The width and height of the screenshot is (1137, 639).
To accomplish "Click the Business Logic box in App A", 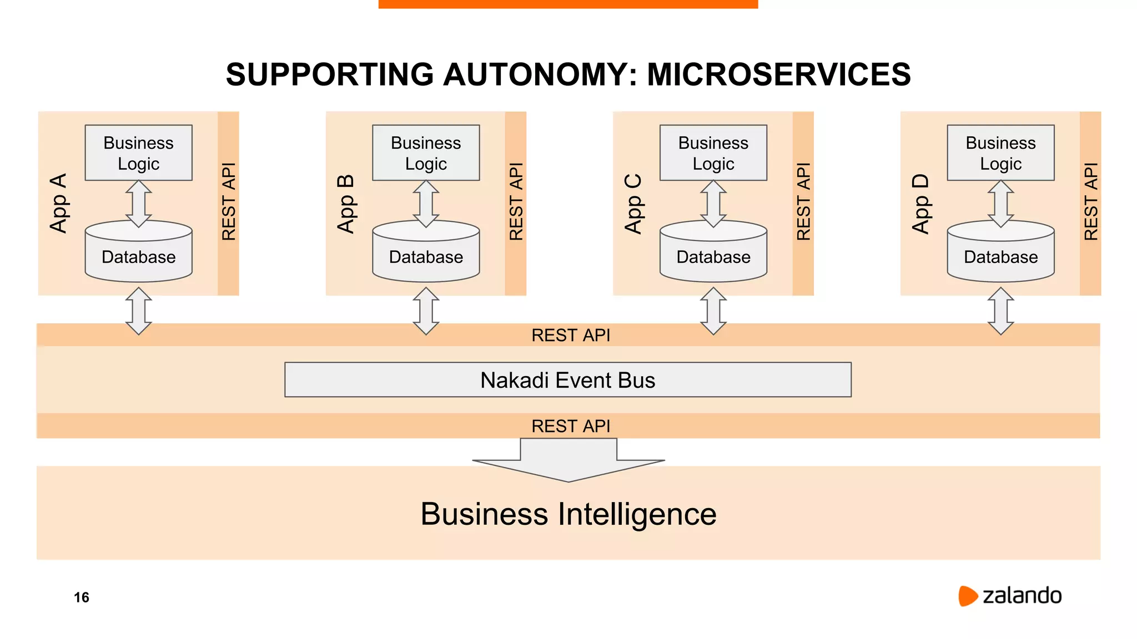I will (138, 153).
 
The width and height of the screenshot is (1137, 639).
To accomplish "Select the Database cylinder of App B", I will (426, 252).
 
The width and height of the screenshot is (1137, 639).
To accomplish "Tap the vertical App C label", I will (633, 203).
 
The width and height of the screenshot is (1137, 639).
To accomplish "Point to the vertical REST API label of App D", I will (1090, 201).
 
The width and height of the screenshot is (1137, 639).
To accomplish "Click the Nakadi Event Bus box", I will (567, 380).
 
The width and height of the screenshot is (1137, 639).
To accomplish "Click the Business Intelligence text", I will (568, 514).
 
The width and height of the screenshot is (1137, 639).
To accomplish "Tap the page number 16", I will (82, 597).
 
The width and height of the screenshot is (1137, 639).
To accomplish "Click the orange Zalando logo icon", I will (967, 596).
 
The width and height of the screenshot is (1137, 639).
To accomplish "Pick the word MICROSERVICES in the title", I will (778, 74).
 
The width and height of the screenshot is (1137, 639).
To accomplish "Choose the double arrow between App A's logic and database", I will (138, 204).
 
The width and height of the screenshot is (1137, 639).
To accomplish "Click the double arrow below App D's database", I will (1000, 311).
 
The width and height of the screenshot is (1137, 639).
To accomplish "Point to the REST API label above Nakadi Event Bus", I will (570, 335).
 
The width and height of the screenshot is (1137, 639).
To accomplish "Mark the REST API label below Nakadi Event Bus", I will (570, 426).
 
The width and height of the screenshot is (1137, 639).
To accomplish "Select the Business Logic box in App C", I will (713, 153).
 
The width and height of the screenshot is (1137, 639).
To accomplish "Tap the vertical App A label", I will (58, 203).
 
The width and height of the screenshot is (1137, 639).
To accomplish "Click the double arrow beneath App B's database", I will (426, 311).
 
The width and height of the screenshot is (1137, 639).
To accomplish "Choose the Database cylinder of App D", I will (1000, 252).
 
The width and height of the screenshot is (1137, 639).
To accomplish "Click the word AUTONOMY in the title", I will (540, 74).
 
